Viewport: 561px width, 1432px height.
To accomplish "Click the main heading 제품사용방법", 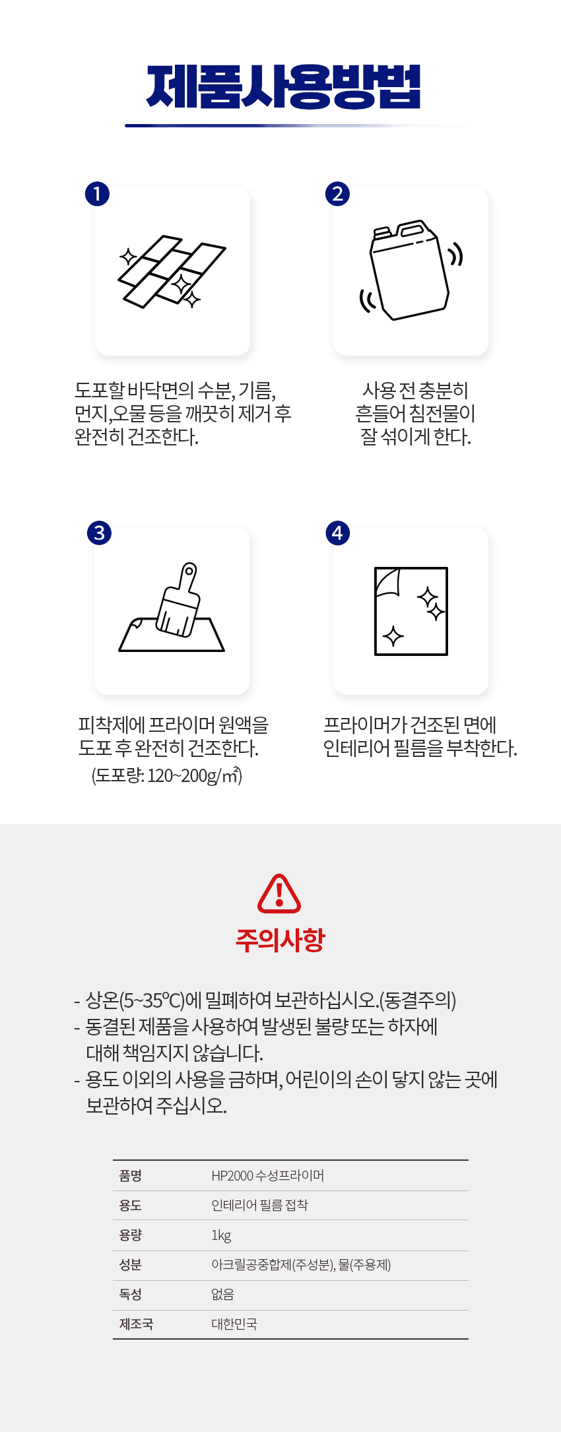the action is click(x=283, y=86).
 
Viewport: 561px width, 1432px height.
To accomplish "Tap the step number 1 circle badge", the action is click(x=97, y=194).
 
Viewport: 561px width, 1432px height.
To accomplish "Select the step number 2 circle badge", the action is click(x=337, y=194).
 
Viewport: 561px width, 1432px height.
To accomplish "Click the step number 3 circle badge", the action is click(x=99, y=533).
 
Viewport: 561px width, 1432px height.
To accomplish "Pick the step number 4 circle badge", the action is click(x=338, y=533).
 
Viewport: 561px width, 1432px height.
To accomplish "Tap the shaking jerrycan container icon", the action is click(x=411, y=270).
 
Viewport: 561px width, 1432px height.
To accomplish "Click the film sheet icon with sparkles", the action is click(x=411, y=611).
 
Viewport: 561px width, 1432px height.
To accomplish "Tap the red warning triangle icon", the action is click(x=279, y=894).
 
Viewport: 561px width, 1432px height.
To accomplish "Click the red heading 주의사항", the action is click(x=280, y=940).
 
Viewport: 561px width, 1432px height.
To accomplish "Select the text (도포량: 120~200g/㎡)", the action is click(x=167, y=775).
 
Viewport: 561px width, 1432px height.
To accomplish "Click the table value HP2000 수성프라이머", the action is click(x=267, y=1175).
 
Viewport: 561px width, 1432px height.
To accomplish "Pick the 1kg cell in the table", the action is click(x=221, y=1235).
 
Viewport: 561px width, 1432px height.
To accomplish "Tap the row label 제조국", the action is click(x=136, y=1324).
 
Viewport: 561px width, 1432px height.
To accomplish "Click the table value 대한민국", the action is click(x=234, y=1324).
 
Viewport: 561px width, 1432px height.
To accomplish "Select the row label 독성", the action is click(x=130, y=1294).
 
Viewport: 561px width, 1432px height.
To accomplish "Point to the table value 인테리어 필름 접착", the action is click(x=259, y=1205).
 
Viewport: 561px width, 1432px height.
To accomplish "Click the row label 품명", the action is click(x=130, y=1175).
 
